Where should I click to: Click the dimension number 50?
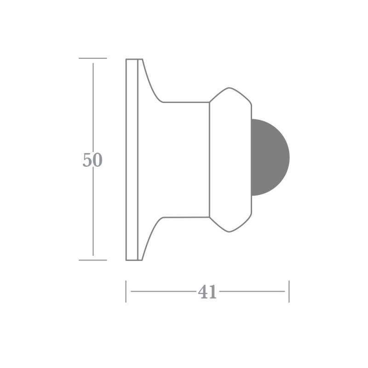pyautogui.click(x=92, y=160)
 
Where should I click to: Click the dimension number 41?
pyautogui.click(x=207, y=292)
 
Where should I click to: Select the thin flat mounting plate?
pyautogui.click(x=132, y=159)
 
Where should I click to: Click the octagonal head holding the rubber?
pyautogui.click(x=230, y=159)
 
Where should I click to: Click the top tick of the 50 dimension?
pyautogui.click(x=92, y=58)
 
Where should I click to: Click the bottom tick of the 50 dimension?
pyautogui.click(x=92, y=260)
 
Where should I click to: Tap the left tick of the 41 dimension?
pyautogui.click(x=126, y=291)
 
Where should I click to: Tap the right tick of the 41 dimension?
pyautogui.click(x=289, y=291)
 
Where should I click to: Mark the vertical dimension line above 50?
pyautogui.click(x=93, y=106)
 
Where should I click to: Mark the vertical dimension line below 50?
pyautogui.click(x=93, y=212)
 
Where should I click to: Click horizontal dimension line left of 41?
pyautogui.click(x=161, y=291)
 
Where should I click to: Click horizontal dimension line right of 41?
pyautogui.click(x=253, y=291)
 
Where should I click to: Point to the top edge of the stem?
pyautogui.click(x=186, y=102)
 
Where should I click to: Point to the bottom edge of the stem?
pyautogui.click(x=186, y=217)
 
